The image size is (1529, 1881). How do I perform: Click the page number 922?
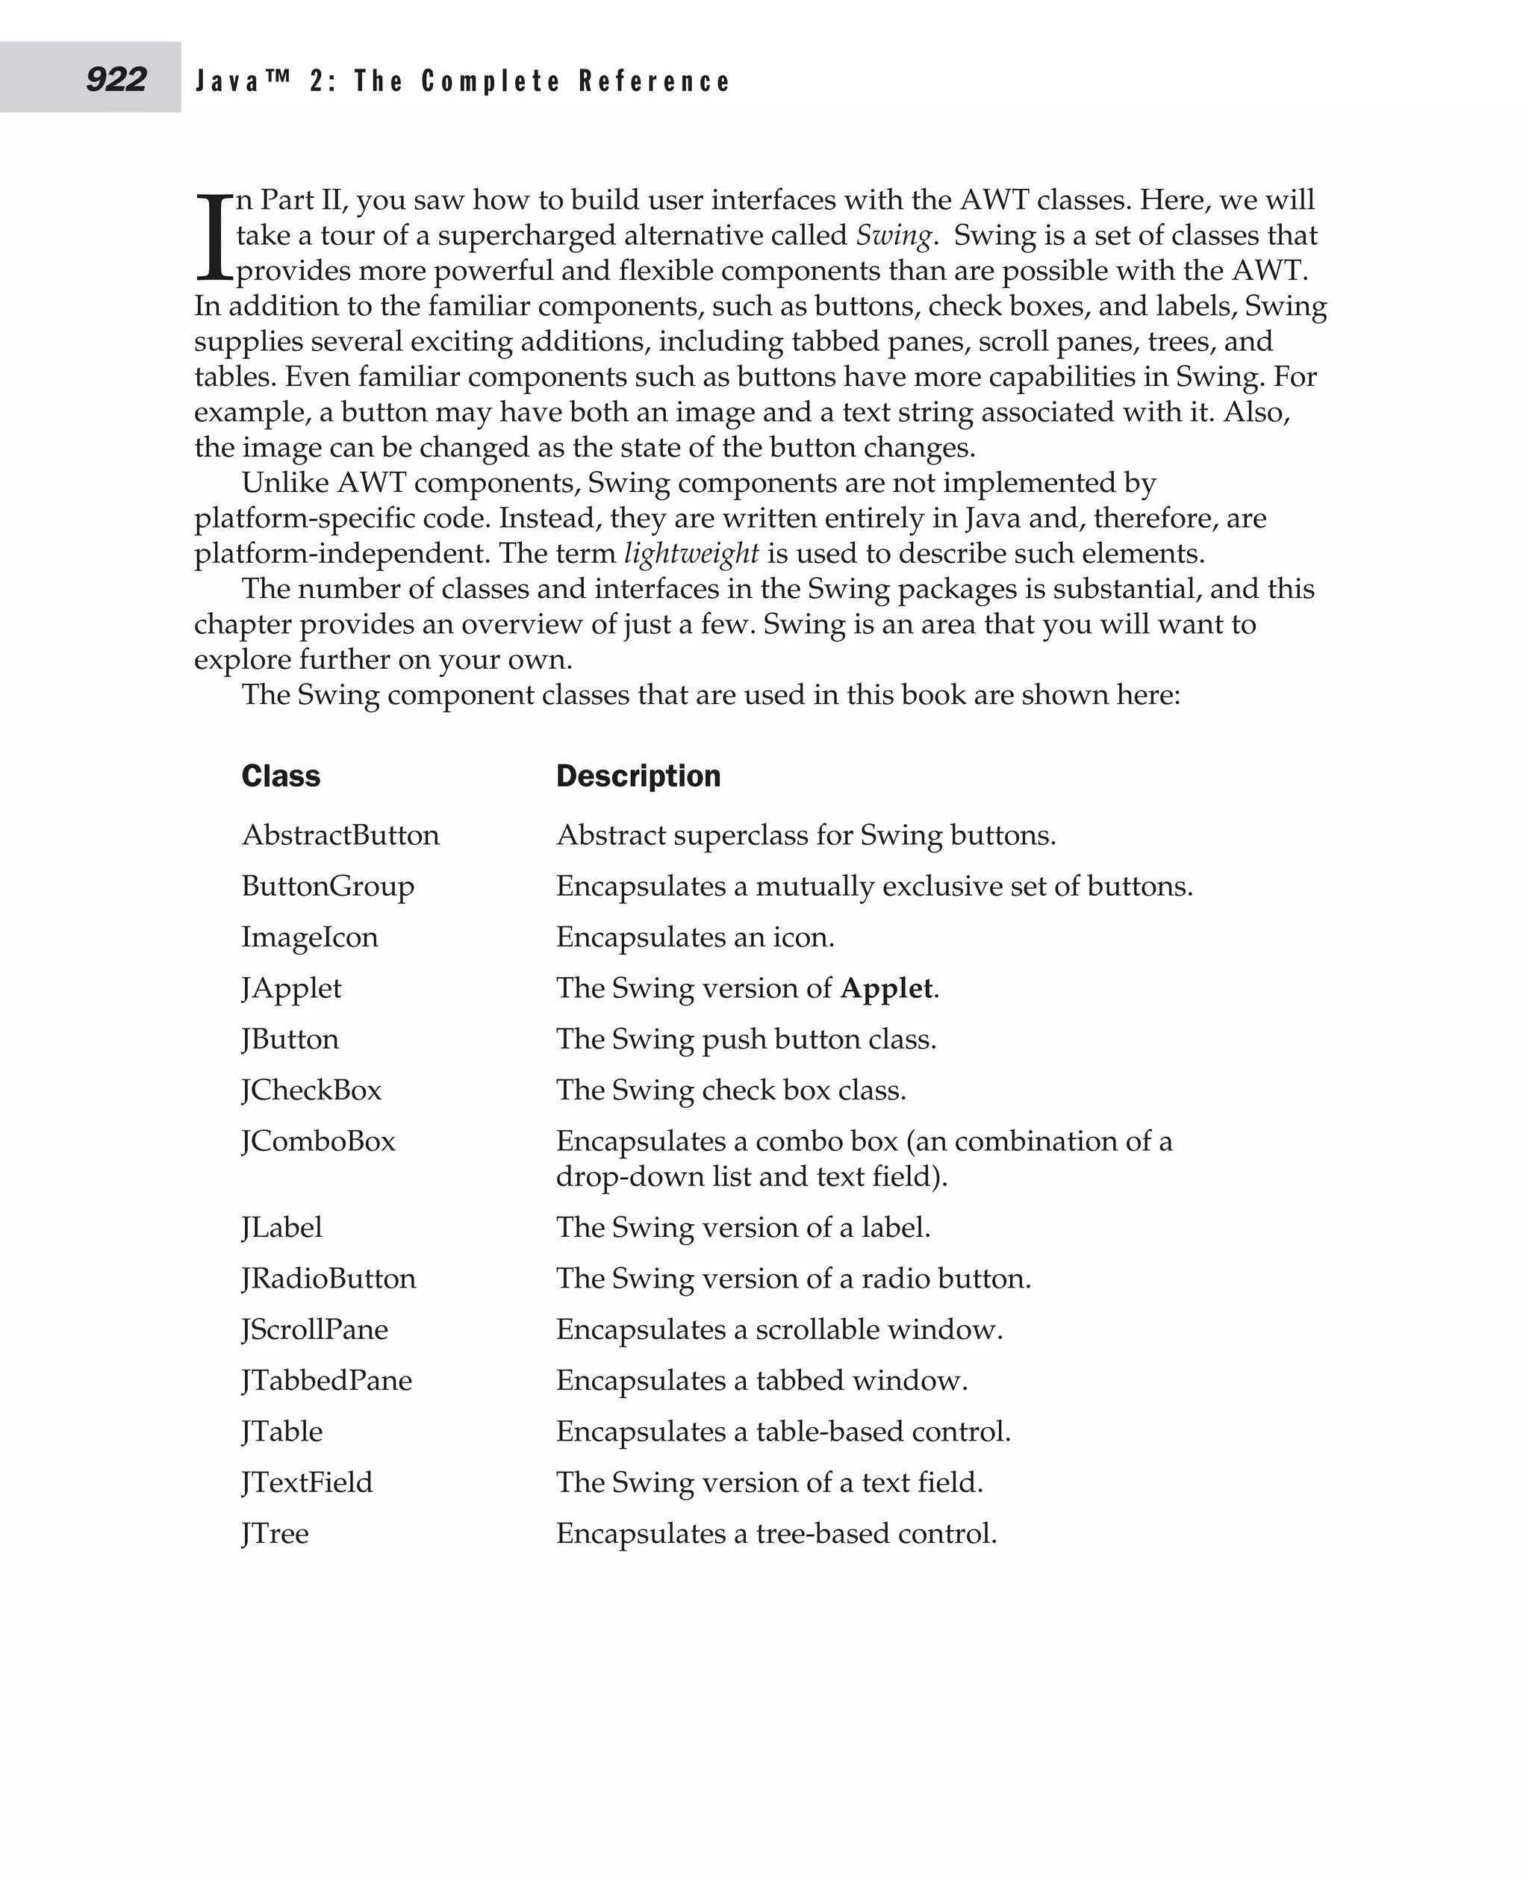pos(116,79)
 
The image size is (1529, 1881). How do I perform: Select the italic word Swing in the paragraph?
pos(893,236)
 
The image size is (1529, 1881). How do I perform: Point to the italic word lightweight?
pos(691,554)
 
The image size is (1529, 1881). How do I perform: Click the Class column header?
pos(281,776)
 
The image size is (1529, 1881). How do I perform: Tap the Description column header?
pos(638,776)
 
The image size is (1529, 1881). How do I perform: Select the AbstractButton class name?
pos(340,835)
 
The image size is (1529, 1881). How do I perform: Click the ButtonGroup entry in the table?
pos(328,886)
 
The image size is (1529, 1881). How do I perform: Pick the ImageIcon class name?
pos(309,937)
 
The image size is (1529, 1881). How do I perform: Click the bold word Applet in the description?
pos(886,988)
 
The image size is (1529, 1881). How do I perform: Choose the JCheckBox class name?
pos(311,1091)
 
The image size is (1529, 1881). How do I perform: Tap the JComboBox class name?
pos(318,1141)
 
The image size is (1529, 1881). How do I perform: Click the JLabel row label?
pos(282,1228)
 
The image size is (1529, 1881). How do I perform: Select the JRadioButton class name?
pos(328,1279)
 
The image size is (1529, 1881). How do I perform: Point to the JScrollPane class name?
pos(314,1329)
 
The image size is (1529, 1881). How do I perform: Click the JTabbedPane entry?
pos(327,1381)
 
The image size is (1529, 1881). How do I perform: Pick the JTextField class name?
pos(307,1483)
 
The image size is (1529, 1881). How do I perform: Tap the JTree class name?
pos(275,1534)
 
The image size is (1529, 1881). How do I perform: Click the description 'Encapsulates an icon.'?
pos(694,937)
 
